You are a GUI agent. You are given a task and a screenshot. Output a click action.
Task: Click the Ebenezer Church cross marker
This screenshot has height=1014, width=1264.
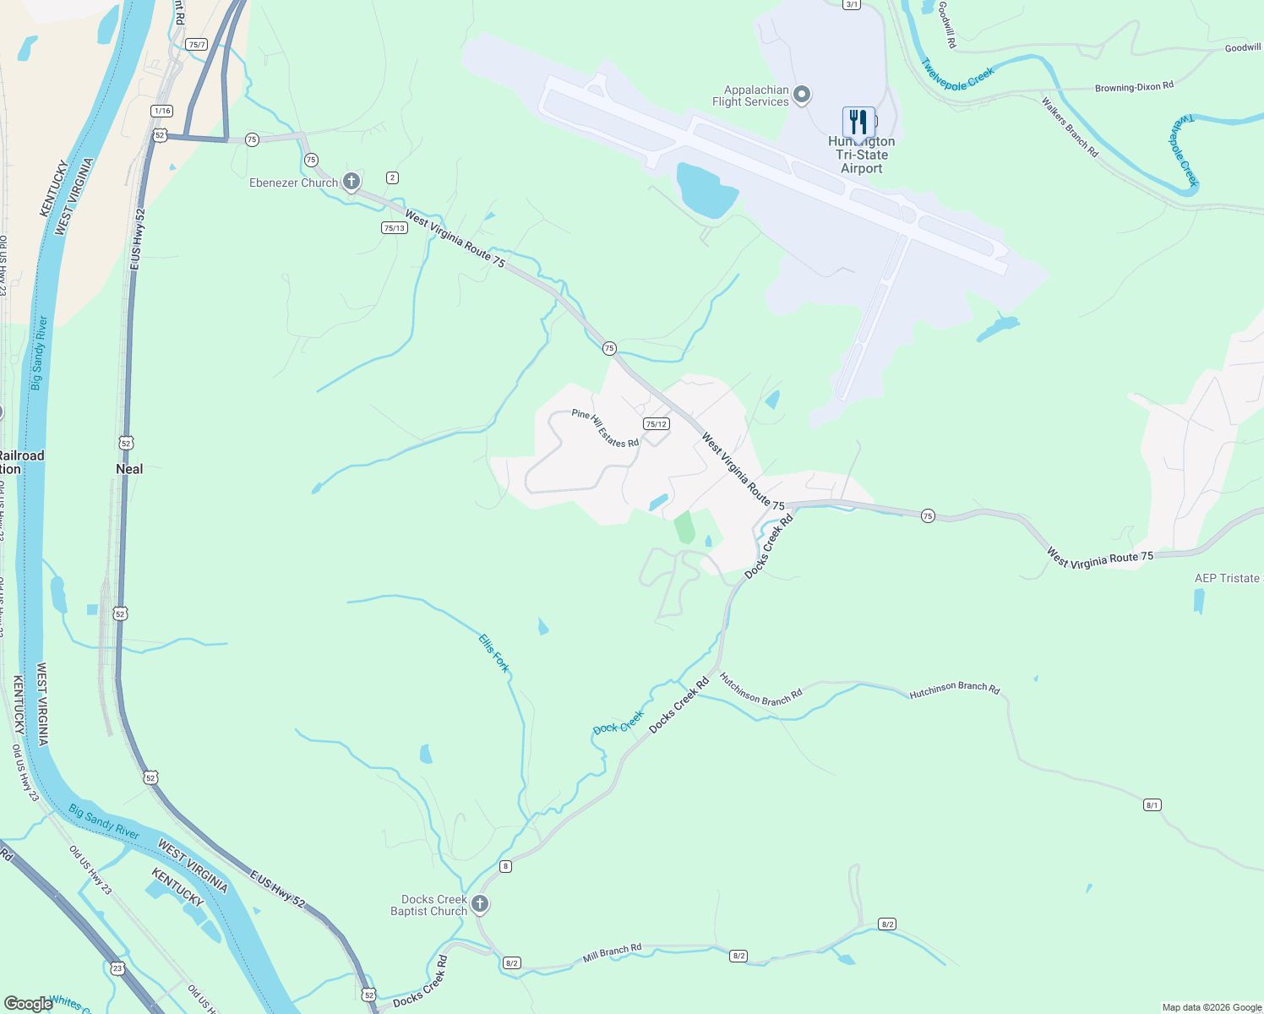351,182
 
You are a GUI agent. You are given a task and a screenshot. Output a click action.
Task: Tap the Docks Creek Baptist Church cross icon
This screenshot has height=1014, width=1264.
480,905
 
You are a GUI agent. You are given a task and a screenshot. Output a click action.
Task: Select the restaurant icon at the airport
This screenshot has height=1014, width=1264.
858,121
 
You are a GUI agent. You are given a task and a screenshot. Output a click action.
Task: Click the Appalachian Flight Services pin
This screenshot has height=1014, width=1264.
803,95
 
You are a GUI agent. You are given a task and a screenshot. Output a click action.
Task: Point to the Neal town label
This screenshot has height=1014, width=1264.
129,469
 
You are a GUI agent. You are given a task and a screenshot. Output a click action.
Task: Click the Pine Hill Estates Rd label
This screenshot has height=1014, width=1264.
605,428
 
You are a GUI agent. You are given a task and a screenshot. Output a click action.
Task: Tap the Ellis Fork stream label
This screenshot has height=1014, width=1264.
494,653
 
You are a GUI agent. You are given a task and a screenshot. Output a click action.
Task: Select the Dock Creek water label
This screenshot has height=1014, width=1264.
618,723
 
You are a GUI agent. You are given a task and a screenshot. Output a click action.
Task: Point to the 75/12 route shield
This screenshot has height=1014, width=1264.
656,424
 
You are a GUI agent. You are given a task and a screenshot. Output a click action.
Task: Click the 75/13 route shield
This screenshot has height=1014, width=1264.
395,227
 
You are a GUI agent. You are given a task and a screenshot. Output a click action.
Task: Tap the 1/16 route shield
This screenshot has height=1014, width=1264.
162,111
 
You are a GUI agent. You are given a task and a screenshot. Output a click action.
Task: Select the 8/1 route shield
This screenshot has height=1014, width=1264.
1152,805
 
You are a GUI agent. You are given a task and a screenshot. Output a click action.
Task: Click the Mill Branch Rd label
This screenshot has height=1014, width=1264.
613,953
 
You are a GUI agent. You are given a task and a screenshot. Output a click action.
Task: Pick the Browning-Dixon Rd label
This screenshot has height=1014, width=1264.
1134,87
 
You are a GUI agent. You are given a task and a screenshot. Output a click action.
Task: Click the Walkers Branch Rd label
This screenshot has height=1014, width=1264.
1070,128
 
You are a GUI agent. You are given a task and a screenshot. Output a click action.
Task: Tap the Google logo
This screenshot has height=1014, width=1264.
28,1004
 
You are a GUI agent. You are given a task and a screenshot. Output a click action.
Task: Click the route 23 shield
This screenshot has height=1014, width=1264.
117,968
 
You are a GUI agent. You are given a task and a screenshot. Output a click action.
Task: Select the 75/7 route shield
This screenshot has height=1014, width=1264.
197,44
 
